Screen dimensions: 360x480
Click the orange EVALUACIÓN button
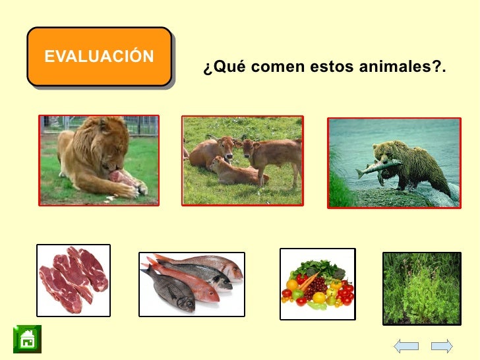click(x=100, y=57)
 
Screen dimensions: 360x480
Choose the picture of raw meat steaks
click(x=73, y=280)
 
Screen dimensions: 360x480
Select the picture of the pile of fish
click(x=191, y=282)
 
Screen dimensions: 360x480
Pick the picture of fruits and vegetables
click(x=317, y=284)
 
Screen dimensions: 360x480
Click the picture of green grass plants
click(x=421, y=287)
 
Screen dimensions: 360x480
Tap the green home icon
click(x=27, y=339)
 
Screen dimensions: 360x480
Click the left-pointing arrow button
click(x=406, y=345)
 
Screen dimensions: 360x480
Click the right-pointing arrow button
click(x=442, y=345)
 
